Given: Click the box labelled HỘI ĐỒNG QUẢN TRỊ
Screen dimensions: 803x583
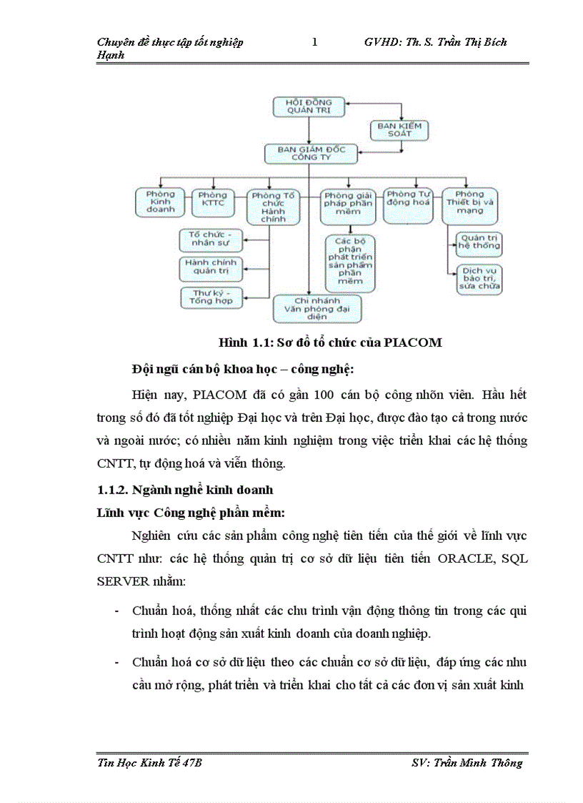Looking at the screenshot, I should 309,107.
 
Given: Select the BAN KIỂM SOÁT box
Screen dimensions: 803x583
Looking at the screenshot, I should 400,129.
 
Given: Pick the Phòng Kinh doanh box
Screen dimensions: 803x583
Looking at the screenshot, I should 160,202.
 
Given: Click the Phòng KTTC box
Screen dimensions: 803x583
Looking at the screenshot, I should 212,202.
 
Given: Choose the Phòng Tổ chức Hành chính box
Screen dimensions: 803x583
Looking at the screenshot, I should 268,206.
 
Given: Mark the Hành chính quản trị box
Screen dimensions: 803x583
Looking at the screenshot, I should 211,267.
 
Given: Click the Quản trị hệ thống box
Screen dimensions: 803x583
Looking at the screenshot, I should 479,242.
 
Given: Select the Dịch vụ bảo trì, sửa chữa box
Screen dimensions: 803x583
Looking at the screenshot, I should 479,280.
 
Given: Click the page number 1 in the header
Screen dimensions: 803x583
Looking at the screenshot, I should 314,42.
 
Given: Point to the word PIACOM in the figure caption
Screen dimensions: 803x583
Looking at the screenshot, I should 412,343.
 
